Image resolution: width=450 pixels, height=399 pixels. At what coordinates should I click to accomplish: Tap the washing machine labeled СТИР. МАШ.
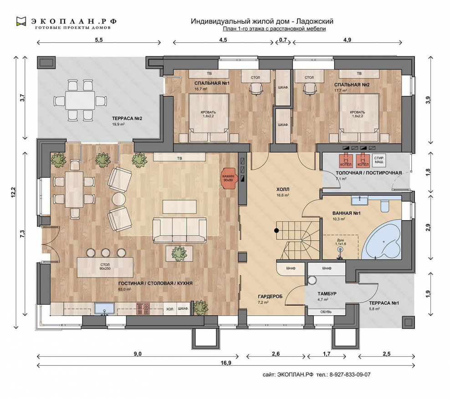pos(379,160)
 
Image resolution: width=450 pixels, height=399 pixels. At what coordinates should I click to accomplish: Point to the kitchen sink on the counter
pos(105,308)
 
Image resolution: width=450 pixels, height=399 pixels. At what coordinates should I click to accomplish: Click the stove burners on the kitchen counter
pos(143,308)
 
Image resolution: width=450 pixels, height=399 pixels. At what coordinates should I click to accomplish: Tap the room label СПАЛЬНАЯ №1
pos(212,83)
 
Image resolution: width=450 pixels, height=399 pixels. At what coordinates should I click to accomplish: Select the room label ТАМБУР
pos(327,294)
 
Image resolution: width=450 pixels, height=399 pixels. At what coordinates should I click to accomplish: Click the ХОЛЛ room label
pos(283,189)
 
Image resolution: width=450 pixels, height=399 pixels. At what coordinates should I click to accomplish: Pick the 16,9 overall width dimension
pos(226,363)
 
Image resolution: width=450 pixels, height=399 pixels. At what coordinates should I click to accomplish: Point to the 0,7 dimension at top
pos(283,40)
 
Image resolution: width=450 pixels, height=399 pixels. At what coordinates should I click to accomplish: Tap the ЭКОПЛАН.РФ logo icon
pos(21,22)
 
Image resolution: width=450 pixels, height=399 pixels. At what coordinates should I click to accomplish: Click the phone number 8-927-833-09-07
pos(350,374)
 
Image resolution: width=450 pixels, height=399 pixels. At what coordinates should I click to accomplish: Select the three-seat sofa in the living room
pos(179,230)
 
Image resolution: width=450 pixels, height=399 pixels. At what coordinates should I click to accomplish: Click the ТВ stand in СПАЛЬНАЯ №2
pos(359,74)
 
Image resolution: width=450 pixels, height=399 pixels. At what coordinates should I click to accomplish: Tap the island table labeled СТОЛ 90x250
pos(105,267)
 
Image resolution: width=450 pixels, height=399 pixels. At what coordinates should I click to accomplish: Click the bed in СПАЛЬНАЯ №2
pos(359,117)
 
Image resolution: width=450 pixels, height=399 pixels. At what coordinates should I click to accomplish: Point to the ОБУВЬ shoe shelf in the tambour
pos(326,312)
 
